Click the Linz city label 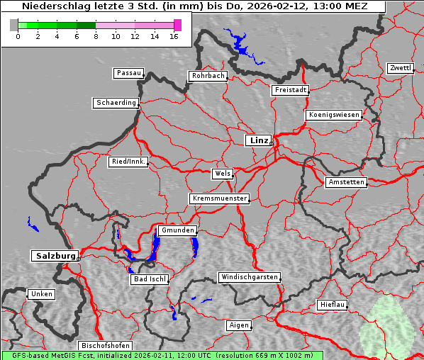click(259, 140)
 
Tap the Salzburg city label click(54, 256)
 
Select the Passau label click(128, 73)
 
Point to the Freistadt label click(290, 90)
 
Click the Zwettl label click(400, 68)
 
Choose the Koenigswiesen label click(334, 115)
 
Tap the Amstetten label click(345, 182)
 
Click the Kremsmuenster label click(219, 198)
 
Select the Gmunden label click(177, 230)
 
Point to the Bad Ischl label click(150, 279)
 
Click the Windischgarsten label click(248, 277)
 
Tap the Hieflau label click(333, 305)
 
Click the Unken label click(40, 294)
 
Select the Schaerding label click(116, 103)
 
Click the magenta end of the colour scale click(177, 25)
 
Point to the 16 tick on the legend click(174, 35)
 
